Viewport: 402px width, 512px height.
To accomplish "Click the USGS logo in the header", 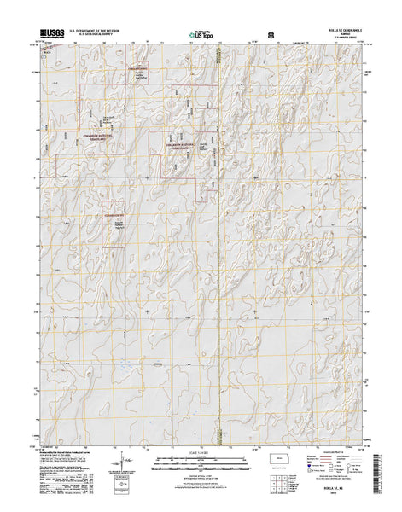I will click(x=50, y=37).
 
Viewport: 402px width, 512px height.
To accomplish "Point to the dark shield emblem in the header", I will click(x=271, y=37).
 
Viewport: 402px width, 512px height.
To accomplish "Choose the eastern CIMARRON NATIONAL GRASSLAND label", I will click(x=181, y=147).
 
